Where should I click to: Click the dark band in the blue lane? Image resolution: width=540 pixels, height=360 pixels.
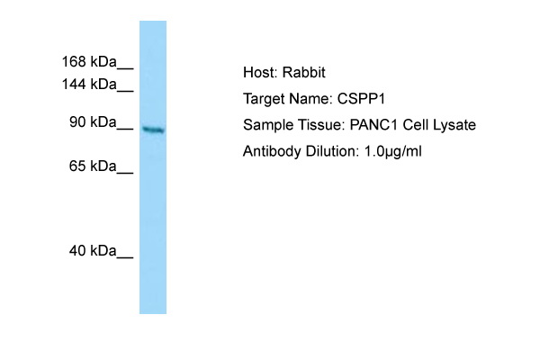(153, 130)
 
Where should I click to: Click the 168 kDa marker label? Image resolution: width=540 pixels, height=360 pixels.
(89, 62)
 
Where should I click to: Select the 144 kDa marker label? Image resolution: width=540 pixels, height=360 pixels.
(89, 84)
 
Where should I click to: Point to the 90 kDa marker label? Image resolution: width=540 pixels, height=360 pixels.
(93, 122)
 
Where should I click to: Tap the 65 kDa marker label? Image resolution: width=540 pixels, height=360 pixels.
(93, 166)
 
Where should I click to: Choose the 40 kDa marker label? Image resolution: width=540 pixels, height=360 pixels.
(93, 251)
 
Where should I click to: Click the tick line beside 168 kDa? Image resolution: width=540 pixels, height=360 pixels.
(125, 69)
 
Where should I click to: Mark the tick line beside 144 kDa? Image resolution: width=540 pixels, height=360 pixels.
(125, 91)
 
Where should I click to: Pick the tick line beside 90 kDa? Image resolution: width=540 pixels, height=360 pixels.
(125, 130)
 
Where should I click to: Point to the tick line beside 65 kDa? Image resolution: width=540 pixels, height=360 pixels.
(125, 174)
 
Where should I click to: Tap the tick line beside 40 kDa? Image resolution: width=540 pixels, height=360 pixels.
(125, 257)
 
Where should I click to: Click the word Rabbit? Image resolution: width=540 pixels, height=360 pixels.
(304, 72)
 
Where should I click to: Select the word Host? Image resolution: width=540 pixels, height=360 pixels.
(260, 72)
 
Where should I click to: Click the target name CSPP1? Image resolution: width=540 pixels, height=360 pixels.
(361, 99)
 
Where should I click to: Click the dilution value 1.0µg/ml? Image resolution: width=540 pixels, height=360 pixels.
(393, 151)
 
